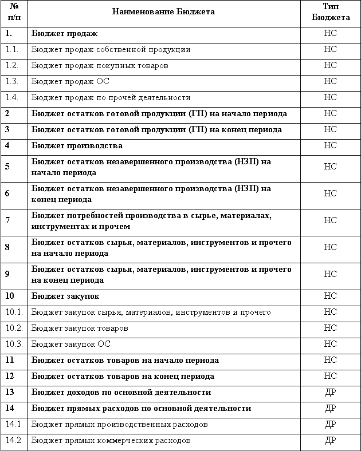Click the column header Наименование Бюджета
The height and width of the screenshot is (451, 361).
[164, 11]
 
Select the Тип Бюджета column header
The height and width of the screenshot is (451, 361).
[331, 11]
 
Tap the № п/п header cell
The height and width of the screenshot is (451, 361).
[13, 11]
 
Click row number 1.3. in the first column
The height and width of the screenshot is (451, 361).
[13, 81]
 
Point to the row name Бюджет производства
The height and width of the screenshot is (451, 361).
[77, 145]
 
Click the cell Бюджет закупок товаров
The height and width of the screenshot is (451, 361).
[80, 328]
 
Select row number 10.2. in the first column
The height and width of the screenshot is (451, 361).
[14, 328]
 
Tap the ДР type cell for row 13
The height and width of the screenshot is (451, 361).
[331, 392]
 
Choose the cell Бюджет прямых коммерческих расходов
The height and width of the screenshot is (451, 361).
[111, 440]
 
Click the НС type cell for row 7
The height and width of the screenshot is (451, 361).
[331, 220]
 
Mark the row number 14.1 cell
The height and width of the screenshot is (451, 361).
[13, 424]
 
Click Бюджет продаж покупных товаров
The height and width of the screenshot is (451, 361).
[100, 65]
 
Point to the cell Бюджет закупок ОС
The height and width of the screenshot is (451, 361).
[71, 344]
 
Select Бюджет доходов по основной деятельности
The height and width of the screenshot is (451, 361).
[121, 392]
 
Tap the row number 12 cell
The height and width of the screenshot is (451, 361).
[10, 376]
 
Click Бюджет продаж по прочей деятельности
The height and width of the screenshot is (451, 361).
[111, 97]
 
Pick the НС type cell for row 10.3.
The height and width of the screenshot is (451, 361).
[331, 344]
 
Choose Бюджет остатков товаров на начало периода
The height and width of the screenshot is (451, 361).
[125, 360]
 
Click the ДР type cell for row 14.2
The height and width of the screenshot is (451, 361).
[331, 440]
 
